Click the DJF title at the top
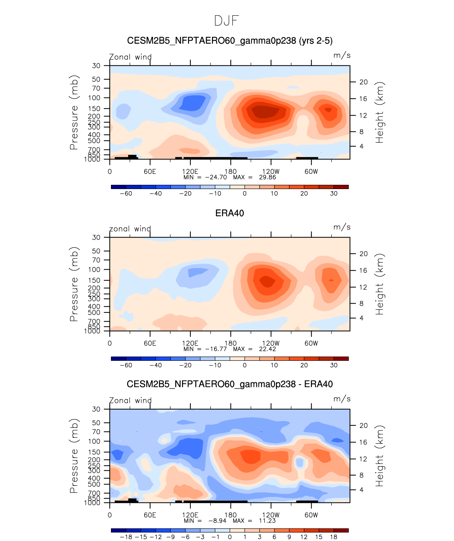pyautogui.click(x=226, y=21)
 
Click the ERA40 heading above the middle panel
pyautogui.click(x=230, y=213)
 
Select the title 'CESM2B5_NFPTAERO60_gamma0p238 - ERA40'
pyautogui.click(x=230, y=384)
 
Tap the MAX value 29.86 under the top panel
pyautogui.click(x=267, y=177)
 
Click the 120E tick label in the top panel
pyautogui.click(x=190, y=171)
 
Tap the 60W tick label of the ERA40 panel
pyautogui.click(x=311, y=343)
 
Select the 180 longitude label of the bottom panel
pyautogui.click(x=231, y=515)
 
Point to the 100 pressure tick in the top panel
pyautogui.click(x=96, y=98)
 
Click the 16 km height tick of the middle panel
pyautogui.click(x=364, y=271)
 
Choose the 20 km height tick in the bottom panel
pyautogui.click(x=364, y=425)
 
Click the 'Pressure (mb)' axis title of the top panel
pyautogui.click(x=74, y=112)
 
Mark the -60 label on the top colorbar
pyautogui.click(x=126, y=193)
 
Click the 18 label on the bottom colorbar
pyautogui.click(x=334, y=537)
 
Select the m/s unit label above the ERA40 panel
pyautogui.click(x=342, y=227)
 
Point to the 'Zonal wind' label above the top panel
pyautogui.click(x=130, y=57)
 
